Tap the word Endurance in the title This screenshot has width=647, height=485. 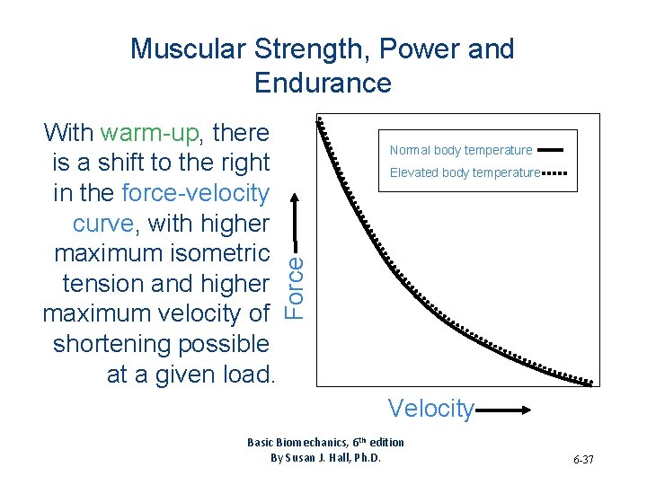[323, 83]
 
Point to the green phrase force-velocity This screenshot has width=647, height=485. [195, 193]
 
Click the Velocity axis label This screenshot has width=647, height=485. [430, 409]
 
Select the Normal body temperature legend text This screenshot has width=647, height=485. [461, 150]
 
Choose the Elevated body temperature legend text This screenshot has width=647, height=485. [465, 172]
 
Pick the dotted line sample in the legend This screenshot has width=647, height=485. [554, 172]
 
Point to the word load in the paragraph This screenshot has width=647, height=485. [246, 375]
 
